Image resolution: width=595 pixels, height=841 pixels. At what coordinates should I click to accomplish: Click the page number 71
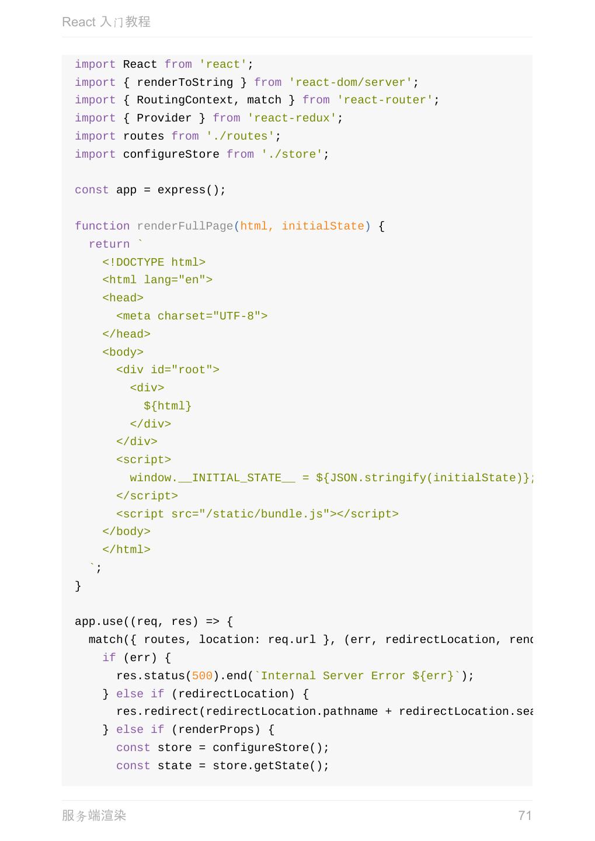tap(524, 815)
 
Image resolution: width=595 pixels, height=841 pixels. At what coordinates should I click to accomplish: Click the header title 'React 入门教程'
tap(106, 22)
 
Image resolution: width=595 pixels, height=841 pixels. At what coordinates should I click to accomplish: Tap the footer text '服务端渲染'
tap(94, 815)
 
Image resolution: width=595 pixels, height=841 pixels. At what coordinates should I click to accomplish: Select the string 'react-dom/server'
tap(350, 82)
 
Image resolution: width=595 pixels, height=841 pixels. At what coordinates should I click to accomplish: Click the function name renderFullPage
tap(185, 226)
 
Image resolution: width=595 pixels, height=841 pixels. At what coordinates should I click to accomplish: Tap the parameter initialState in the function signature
tap(322, 226)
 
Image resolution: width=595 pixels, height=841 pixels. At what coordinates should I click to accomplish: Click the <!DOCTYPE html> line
tap(154, 262)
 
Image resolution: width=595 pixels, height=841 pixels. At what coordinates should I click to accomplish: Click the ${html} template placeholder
tap(168, 406)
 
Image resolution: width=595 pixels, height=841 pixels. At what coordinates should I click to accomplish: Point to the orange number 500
tap(202, 676)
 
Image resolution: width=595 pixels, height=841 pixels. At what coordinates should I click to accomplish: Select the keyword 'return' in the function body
tap(109, 244)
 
